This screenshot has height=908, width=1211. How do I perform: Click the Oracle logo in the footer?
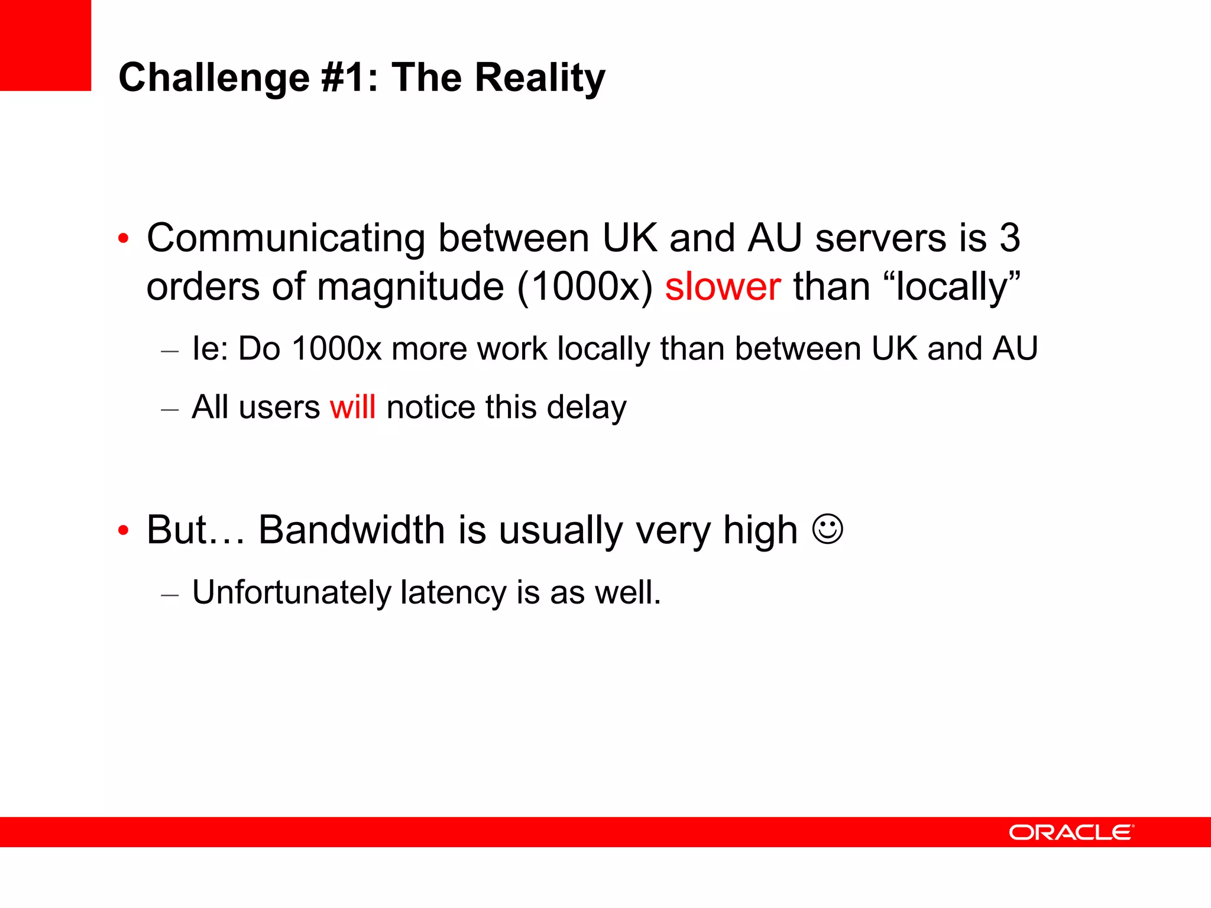click(1071, 832)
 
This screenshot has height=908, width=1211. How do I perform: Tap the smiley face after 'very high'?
click(828, 529)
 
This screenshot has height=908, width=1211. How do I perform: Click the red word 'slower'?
click(723, 287)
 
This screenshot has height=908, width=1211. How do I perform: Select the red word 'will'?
click(352, 407)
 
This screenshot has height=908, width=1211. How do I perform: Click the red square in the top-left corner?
click(45, 45)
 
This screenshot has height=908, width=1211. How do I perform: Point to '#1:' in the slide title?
click(349, 77)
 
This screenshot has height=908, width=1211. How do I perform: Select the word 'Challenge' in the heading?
click(214, 77)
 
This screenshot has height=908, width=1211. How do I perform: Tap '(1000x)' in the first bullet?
click(585, 287)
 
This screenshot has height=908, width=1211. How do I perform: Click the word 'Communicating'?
click(286, 238)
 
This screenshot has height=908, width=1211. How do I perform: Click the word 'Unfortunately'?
click(291, 592)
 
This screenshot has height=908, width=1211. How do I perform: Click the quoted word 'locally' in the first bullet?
click(951, 287)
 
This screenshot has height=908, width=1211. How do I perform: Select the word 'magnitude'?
click(410, 287)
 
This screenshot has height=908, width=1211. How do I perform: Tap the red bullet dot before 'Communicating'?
click(123, 239)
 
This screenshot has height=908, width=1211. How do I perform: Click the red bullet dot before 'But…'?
click(123, 530)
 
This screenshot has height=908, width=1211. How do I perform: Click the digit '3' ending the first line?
click(1010, 238)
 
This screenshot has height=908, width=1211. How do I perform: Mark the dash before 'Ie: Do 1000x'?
click(170, 351)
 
